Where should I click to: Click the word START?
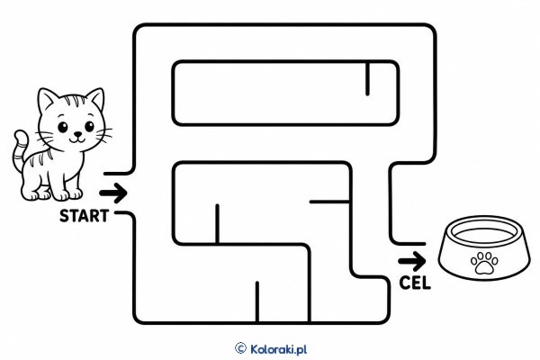84,216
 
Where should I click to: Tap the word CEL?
415,283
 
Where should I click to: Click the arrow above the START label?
113,193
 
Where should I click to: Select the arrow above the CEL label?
412,261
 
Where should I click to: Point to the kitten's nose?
78,134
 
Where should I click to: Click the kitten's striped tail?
20,151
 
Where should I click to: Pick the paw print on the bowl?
484,263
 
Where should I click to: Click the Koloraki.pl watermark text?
278,349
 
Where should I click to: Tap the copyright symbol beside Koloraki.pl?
240,348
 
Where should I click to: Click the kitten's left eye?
63,127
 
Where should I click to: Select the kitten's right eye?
89,126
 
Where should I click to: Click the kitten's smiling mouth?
77,139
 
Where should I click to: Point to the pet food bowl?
484,247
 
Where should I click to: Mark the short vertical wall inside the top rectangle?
367,78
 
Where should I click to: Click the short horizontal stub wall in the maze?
329,202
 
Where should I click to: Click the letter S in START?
65,216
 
